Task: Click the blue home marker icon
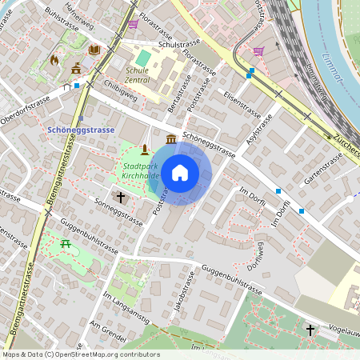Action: [x=180, y=172]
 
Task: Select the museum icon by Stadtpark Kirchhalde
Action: [x=171, y=140]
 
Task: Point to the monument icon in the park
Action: [x=144, y=149]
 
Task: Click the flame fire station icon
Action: [x=54, y=59]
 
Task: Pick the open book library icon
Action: [x=94, y=50]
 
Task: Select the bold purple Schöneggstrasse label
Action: [x=82, y=129]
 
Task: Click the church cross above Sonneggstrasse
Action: [x=122, y=195]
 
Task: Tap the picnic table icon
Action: [x=66, y=242]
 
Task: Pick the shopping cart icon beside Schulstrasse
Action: [x=133, y=24]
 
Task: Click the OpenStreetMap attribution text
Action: [x=80, y=354]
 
